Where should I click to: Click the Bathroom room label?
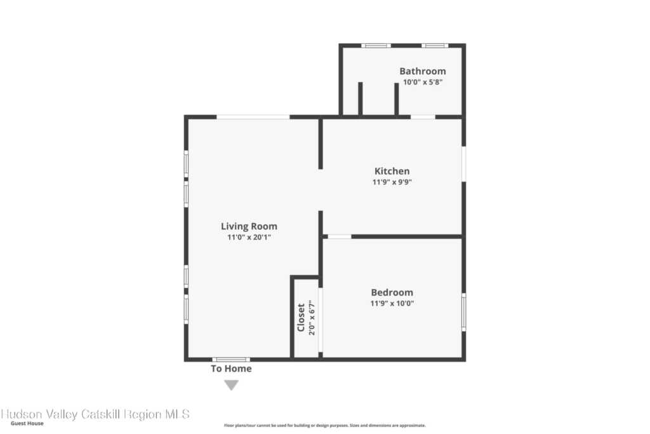click(422, 71)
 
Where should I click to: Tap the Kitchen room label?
click(392, 171)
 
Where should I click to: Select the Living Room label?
click(249, 226)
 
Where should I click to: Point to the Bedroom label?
click(392, 292)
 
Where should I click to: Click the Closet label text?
click(301, 318)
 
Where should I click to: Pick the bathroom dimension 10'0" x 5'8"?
click(422, 82)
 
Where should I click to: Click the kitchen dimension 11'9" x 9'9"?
click(392, 182)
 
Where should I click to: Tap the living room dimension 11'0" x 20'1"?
click(249, 237)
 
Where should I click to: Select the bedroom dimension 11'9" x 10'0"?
click(392, 303)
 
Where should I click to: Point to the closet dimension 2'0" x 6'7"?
click(312, 318)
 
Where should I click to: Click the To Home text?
click(231, 369)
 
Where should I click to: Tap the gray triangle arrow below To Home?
click(231, 386)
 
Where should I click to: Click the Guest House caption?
click(27, 423)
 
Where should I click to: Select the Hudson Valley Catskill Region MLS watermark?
click(95, 414)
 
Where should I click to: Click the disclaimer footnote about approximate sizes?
click(324, 425)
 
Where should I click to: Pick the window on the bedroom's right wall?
click(464, 312)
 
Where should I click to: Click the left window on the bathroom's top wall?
click(376, 46)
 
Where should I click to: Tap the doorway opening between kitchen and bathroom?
click(423, 117)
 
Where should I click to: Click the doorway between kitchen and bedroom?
click(340, 236)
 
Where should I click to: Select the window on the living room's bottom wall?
click(231, 359)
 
